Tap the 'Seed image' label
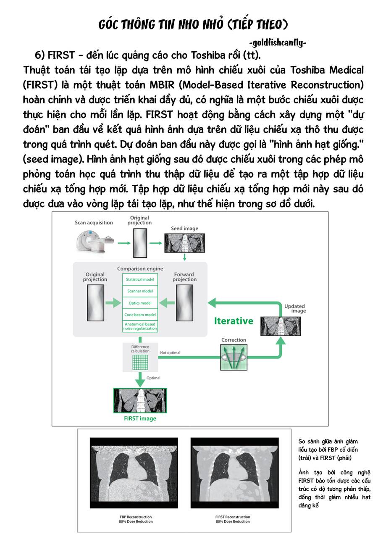point(184,229)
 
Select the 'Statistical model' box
point(140,279)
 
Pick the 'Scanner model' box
point(140,291)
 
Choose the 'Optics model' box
point(140,303)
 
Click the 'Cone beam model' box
point(140,315)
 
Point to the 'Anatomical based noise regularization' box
point(140,326)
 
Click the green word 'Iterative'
point(234,321)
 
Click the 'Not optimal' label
point(170,353)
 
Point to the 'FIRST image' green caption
point(140,418)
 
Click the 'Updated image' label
point(294,308)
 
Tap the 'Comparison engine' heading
point(140,269)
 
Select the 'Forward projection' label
point(184,277)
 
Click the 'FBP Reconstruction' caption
point(136,519)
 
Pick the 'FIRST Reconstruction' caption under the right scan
point(233,519)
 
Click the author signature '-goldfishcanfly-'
point(278,43)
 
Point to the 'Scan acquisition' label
point(94,223)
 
